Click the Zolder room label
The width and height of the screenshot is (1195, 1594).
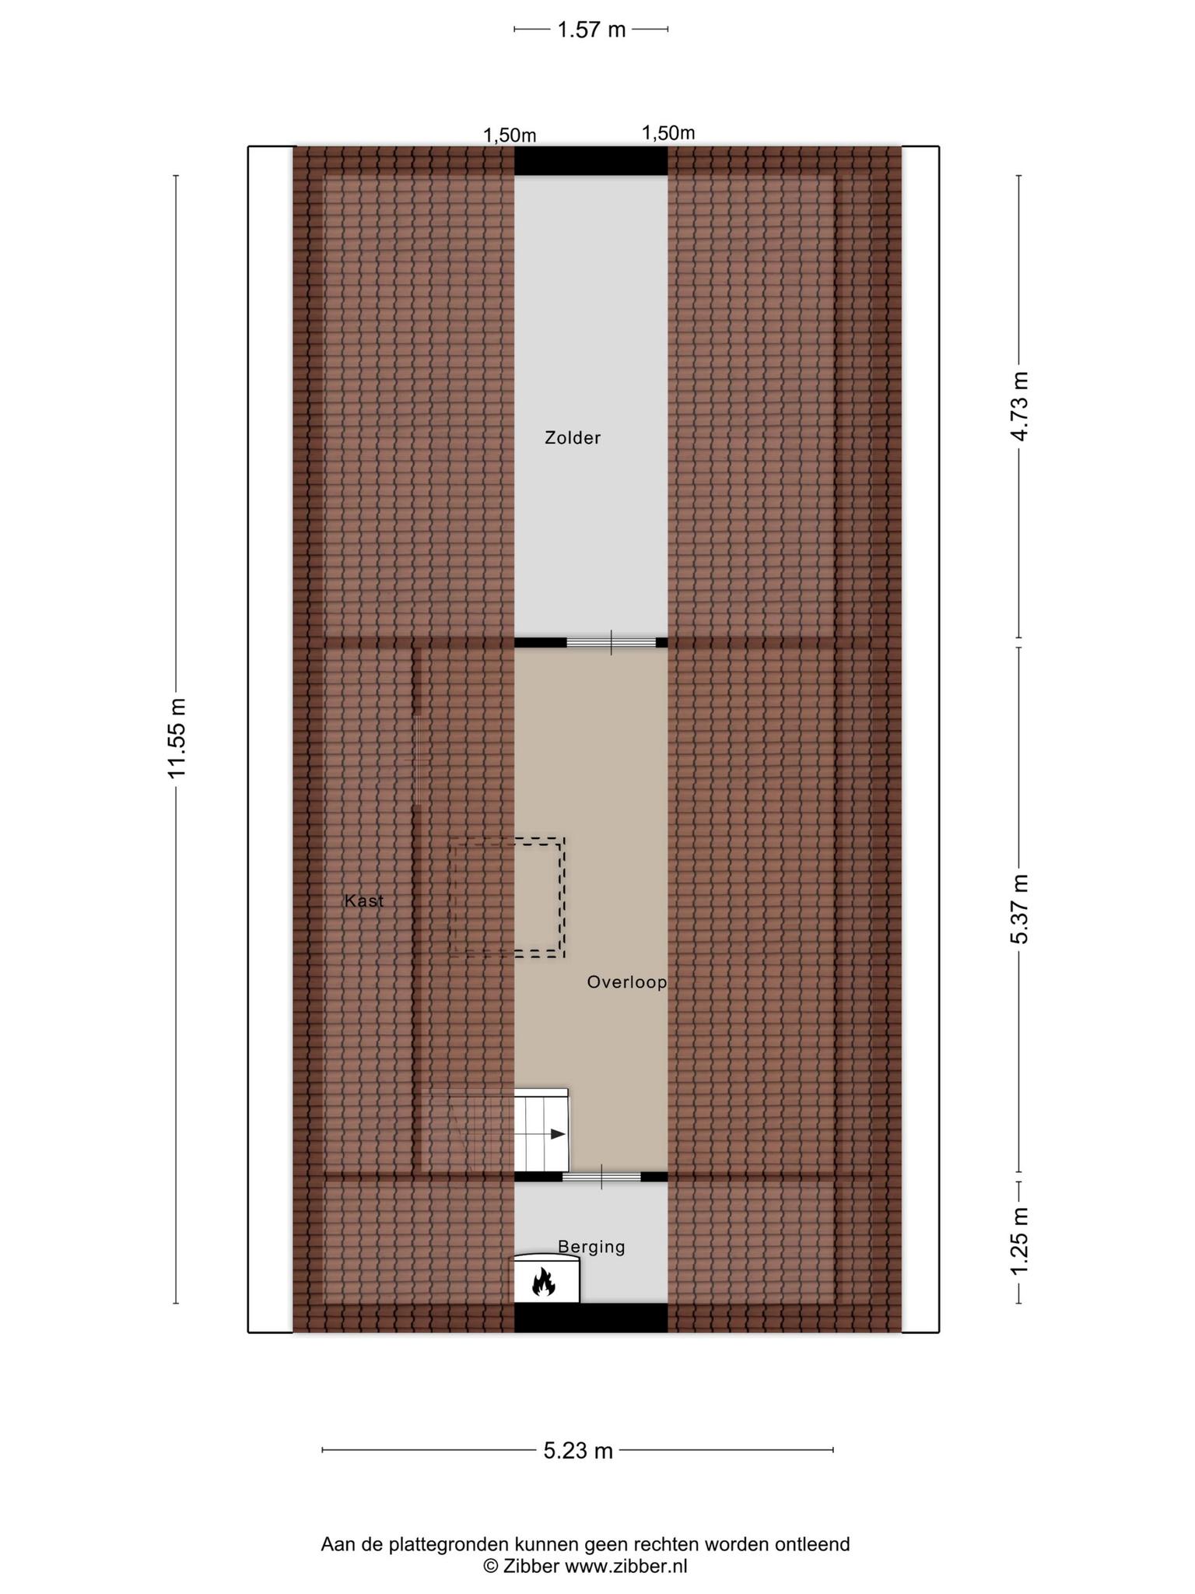click(573, 438)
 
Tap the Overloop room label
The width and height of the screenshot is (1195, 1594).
click(627, 982)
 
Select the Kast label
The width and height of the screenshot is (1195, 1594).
click(364, 901)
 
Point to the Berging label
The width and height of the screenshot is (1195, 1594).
click(591, 1247)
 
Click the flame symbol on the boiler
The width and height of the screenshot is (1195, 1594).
click(543, 1281)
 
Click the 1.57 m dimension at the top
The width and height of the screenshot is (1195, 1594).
click(591, 30)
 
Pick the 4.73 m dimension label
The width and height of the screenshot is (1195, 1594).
click(1019, 406)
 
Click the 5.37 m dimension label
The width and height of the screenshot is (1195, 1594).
click(1019, 909)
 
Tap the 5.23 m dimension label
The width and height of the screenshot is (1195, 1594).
click(578, 1451)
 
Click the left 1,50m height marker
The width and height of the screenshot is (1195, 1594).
click(510, 135)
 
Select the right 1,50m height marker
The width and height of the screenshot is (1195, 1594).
click(668, 133)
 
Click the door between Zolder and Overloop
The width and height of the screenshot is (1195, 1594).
click(612, 643)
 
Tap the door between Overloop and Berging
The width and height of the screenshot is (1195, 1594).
click(601, 1177)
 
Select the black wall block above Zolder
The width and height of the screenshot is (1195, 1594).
click(591, 161)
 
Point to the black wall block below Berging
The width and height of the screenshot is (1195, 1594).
click(591, 1318)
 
